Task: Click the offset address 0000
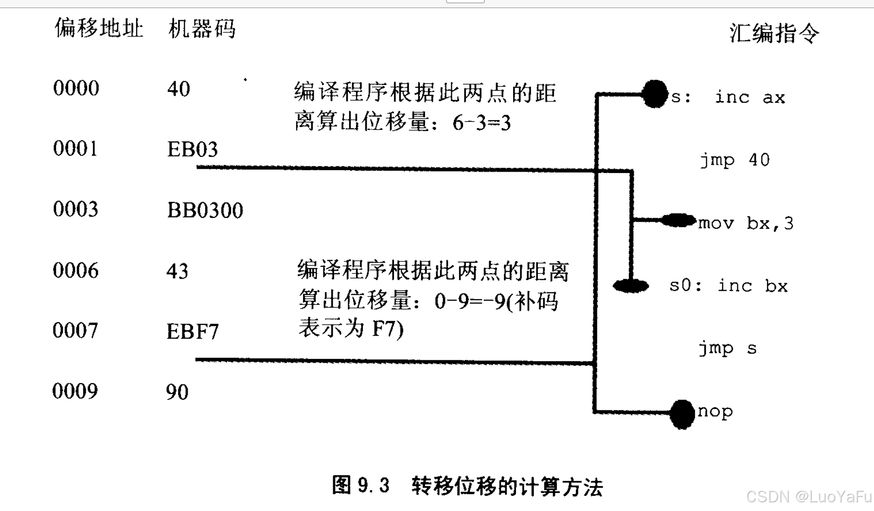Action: coord(76,88)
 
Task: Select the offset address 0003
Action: coord(76,210)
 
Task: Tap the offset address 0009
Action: coord(75,391)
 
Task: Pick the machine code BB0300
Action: coord(205,211)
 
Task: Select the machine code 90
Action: coord(177,392)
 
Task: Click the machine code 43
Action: coord(177,271)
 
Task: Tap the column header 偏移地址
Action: coord(99,28)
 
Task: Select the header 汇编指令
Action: coord(774,34)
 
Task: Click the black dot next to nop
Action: coord(682,414)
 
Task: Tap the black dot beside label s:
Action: coord(655,94)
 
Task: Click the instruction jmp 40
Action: coord(735,160)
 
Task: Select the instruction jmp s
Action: coord(728,349)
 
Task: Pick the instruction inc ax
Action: coord(750,97)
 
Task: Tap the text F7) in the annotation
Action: coord(388,329)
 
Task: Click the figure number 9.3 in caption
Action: coord(374,486)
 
